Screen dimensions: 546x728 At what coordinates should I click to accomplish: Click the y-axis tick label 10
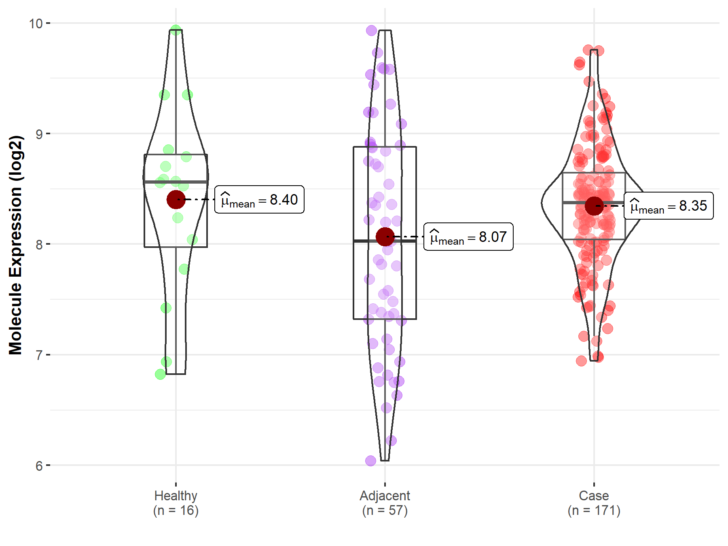(36, 23)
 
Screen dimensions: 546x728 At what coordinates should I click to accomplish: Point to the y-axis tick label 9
(39, 134)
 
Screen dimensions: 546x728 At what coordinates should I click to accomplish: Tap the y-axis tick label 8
(39, 244)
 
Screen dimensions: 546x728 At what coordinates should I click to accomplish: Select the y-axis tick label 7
(39, 355)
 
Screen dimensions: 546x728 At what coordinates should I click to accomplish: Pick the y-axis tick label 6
(39, 466)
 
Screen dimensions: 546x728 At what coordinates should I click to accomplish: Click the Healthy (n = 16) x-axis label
(176, 503)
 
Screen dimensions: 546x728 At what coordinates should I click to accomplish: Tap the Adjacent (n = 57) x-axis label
(385, 503)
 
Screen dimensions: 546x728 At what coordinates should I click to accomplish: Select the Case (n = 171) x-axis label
(594, 503)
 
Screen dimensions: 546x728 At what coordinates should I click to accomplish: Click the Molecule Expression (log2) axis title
(15, 245)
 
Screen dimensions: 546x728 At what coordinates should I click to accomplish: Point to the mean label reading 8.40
(259, 200)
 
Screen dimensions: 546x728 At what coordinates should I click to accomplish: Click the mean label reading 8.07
(468, 237)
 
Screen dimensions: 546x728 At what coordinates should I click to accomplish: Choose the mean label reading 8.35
(669, 206)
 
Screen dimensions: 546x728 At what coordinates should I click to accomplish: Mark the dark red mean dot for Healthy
(176, 199)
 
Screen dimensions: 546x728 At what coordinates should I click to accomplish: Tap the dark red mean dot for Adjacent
(385, 237)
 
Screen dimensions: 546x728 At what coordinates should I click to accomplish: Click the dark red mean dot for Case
(594, 206)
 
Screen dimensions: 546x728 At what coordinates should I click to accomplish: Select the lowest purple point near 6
(370, 461)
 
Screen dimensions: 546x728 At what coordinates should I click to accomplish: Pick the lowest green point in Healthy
(161, 374)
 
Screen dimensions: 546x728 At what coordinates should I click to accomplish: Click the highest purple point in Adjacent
(371, 30)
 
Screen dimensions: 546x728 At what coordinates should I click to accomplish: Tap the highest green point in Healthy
(176, 30)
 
